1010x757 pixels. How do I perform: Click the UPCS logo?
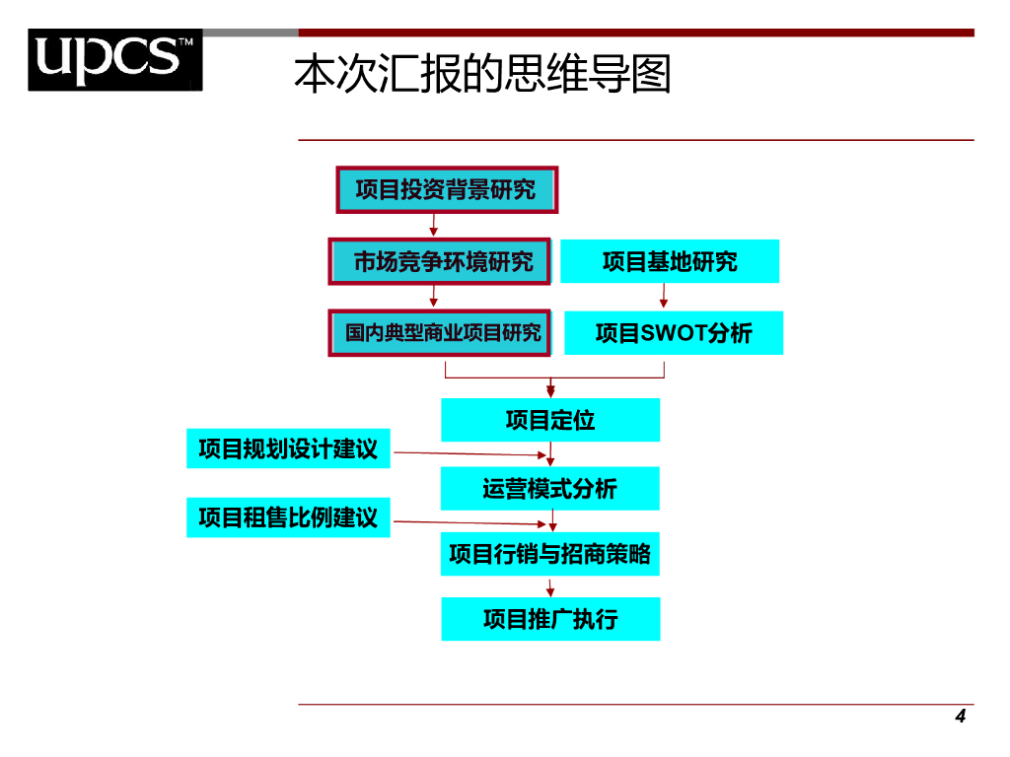[114, 60]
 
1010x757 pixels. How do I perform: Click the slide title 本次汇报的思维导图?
[482, 74]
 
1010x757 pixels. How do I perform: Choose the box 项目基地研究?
[670, 261]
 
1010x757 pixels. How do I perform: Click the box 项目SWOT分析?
[674, 333]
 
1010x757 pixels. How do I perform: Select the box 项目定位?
[550, 420]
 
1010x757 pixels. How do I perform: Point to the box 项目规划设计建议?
[288, 448]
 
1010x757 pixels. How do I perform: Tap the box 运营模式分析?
[550, 489]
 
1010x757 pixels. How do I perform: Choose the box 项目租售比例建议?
[288, 517]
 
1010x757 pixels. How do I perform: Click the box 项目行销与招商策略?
[550, 554]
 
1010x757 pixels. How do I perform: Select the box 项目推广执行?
[550, 619]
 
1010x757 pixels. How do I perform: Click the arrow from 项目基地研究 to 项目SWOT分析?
[664, 296]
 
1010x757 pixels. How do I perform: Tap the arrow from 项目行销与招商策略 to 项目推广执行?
[550, 586]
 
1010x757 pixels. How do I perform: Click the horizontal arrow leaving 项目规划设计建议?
[469, 454]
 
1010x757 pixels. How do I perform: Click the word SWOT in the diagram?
[674, 333]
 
